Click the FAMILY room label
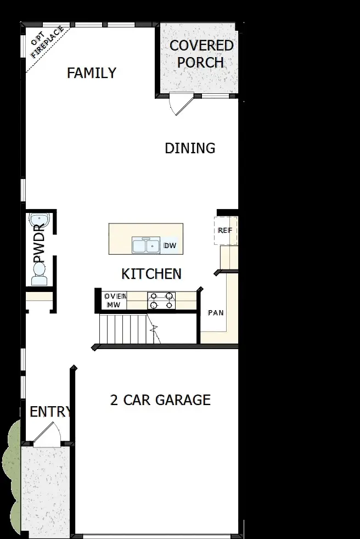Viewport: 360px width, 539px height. (91, 73)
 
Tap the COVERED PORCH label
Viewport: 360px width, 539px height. (201, 54)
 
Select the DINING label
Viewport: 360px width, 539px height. (190, 148)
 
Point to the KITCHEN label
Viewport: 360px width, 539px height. (151, 274)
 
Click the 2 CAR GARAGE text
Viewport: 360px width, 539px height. (160, 400)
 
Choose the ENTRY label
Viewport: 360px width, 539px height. (50, 412)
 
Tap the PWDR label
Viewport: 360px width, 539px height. (39, 244)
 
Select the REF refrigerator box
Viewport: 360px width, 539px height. (225, 231)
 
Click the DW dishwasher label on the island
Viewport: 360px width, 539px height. (170, 245)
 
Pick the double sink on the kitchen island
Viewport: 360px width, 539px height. (145, 246)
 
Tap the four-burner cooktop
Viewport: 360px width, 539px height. (161, 300)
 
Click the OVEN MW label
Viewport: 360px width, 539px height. (114, 300)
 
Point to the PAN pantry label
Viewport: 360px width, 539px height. (215, 313)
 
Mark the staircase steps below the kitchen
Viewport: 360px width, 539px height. (123, 328)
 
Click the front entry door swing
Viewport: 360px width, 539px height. (47, 436)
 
